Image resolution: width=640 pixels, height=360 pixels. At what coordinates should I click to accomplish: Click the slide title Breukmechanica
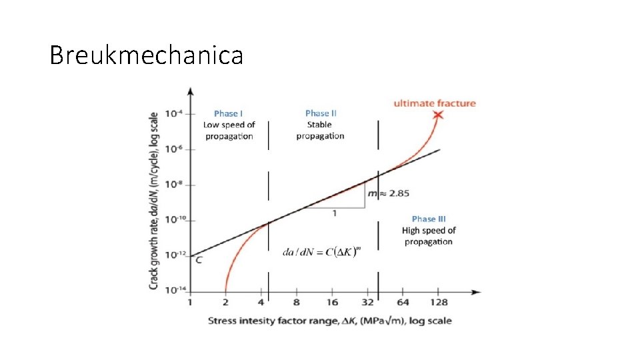146,55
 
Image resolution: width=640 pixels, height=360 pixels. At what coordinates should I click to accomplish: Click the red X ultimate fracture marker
437,115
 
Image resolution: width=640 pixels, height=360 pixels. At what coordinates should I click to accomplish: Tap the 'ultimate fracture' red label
435,103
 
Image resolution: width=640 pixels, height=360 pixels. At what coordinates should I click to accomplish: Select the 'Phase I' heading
228,113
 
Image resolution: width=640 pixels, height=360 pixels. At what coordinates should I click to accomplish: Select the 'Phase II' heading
321,113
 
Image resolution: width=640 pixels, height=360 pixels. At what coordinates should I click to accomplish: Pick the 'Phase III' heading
429,219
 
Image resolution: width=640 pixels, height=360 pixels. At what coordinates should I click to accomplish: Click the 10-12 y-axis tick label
173,255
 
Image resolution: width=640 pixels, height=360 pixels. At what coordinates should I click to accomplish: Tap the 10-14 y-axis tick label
173,290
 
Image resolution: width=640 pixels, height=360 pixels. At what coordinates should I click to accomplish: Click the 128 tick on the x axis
438,303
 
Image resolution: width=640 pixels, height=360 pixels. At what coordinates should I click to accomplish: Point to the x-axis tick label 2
226,303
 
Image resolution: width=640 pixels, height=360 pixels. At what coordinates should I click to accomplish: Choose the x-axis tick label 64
403,303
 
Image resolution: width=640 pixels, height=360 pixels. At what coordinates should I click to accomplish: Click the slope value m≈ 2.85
390,193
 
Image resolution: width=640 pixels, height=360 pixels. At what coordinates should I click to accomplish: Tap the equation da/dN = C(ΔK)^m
322,251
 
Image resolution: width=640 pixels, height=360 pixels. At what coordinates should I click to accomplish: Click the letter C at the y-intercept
198,259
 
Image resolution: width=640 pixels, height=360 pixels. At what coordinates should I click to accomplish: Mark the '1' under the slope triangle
334,213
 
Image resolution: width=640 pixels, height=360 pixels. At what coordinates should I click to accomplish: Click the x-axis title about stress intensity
329,321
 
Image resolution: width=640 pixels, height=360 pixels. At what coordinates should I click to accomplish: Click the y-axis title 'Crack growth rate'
153,200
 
